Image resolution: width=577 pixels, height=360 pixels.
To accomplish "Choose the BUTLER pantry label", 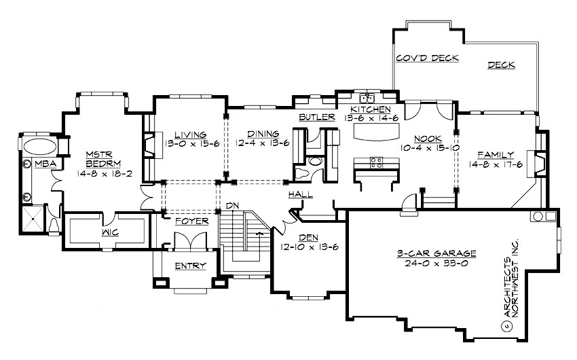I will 317,118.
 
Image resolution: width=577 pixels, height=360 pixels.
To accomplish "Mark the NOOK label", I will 427,136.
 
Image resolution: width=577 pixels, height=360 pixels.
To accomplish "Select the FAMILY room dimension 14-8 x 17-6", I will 495,164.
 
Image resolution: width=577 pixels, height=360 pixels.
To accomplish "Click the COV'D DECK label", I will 428,58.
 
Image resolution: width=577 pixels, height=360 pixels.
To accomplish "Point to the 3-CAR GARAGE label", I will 436,253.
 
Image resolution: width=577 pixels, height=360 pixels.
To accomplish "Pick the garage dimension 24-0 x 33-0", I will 436,262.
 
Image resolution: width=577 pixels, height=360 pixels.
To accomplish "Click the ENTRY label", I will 190,266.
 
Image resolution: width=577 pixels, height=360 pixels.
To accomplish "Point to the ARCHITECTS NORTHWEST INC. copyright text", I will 510,285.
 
